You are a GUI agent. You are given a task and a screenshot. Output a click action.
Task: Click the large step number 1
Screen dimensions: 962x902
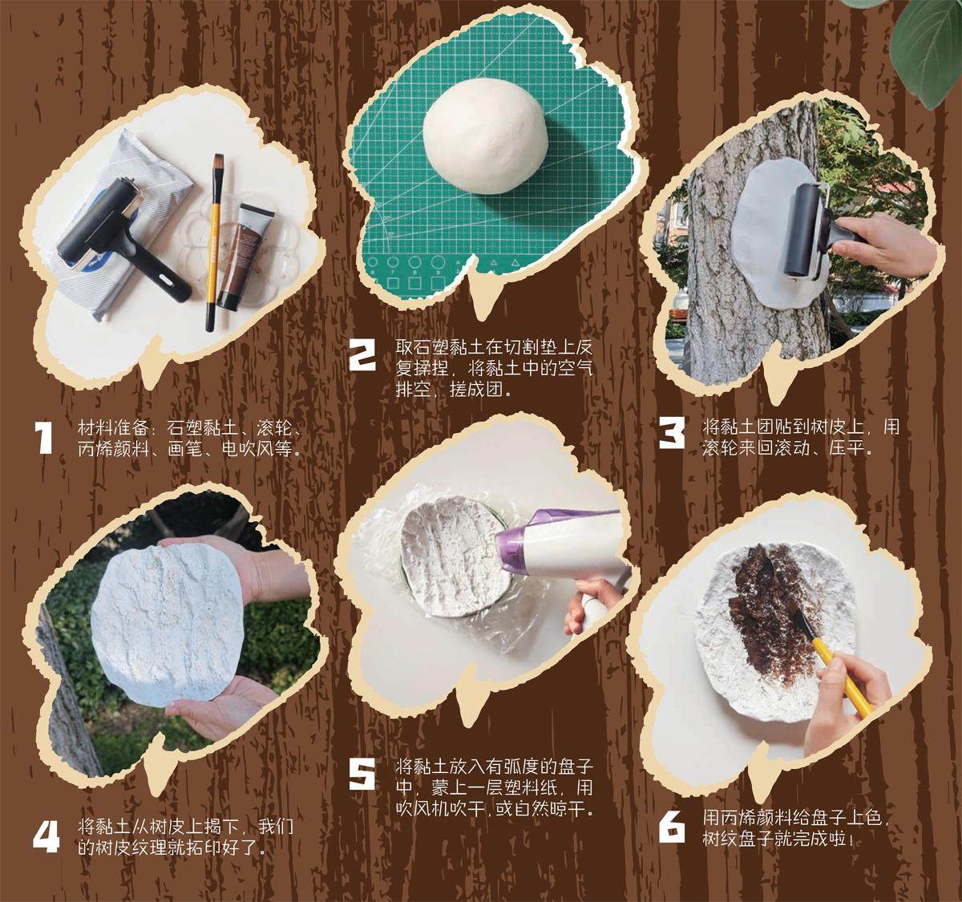click(45, 437)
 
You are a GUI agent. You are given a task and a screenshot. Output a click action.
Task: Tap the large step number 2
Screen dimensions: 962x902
click(362, 355)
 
